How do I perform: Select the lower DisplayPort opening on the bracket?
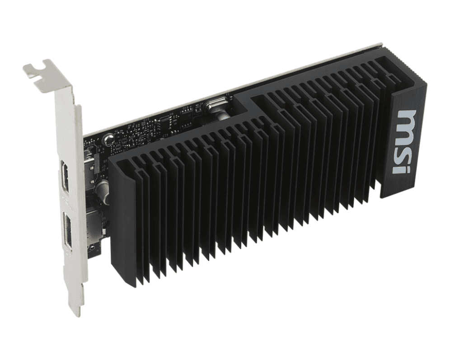[x=69, y=230]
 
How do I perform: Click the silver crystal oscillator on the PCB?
[x=216, y=108]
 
